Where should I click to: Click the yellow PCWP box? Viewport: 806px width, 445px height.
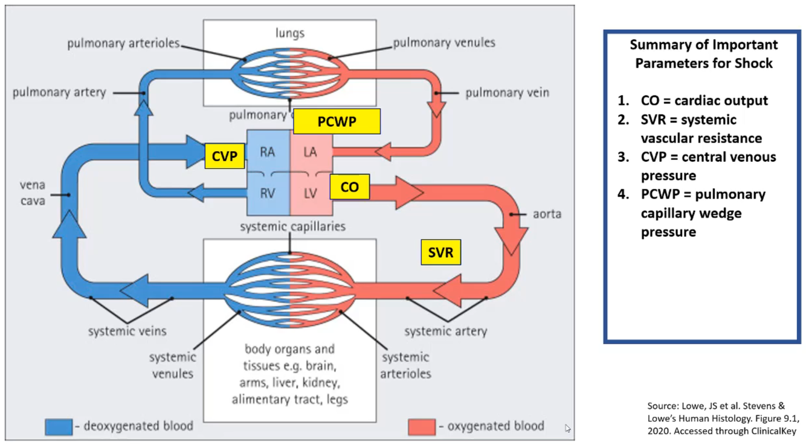click(x=337, y=121)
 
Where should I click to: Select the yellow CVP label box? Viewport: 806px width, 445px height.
click(x=224, y=156)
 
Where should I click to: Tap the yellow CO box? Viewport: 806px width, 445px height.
click(x=349, y=187)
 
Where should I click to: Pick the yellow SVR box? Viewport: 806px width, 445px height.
click(x=440, y=252)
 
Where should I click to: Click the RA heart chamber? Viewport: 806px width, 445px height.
click(x=268, y=152)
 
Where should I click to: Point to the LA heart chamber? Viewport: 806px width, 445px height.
click(x=310, y=152)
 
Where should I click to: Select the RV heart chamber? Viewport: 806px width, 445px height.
click(x=268, y=193)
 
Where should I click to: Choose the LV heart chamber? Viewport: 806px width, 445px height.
click(x=310, y=193)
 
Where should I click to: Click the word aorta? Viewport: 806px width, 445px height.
click(x=547, y=214)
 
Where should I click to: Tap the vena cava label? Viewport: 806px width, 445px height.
click(x=32, y=193)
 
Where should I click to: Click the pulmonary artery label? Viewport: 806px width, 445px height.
click(x=59, y=92)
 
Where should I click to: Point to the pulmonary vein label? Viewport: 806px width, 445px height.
click(x=507, y=93)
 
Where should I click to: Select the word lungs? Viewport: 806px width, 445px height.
click(x=290, y=33)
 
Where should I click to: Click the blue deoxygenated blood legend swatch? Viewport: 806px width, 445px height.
click(x=58, y=426)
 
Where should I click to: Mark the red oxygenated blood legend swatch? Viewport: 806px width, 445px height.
click(x=421, y=426)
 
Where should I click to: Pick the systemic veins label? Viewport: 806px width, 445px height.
click(x=127, y=331)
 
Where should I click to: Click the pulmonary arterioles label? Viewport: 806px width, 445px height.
click(x=123, y=43)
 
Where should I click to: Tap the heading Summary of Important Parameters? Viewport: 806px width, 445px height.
click(x=703, y=54)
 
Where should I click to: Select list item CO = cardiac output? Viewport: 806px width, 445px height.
click(x=704, y=100)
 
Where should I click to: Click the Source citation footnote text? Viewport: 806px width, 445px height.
click(x=721, y=418)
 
